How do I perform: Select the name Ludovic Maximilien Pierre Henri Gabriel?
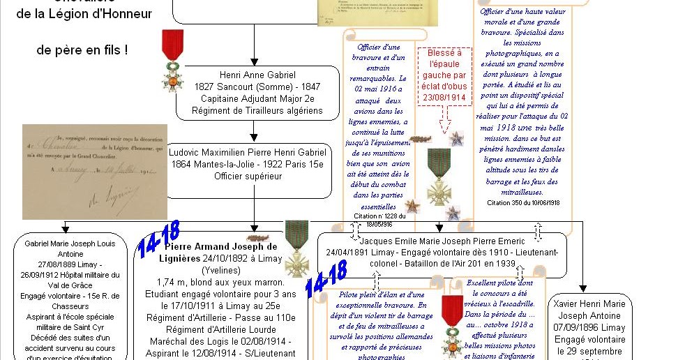248,152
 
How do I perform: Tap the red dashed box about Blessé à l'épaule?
444,76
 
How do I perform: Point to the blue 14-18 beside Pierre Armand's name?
159,240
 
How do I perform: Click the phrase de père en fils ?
82,50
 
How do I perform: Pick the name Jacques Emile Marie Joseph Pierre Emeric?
439,241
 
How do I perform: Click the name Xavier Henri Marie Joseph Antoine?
589,310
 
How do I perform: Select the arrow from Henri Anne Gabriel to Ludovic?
253,131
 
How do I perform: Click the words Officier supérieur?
248,176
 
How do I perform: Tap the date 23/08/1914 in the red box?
444,97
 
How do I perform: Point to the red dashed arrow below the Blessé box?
444,123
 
